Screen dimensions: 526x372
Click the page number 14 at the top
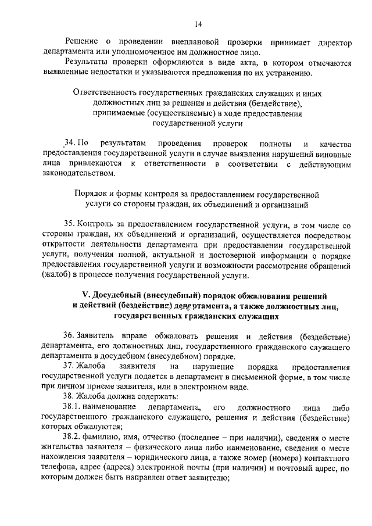coord(198,24)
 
